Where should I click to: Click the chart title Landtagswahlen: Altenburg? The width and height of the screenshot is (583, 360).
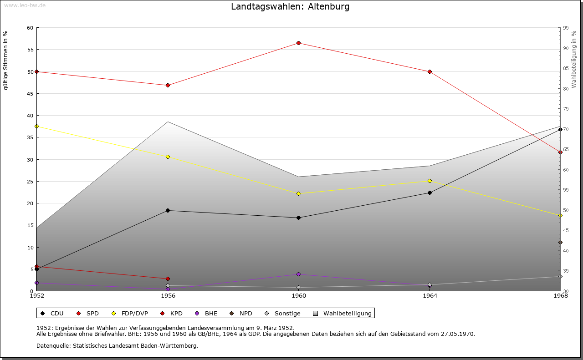290,7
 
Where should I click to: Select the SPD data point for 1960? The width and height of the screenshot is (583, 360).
298,43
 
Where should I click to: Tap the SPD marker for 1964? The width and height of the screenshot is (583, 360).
430,71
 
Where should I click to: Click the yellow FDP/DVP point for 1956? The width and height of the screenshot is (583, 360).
168,157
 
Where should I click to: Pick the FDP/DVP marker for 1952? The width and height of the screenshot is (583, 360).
36,126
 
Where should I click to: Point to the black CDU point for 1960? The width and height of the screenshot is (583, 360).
298,218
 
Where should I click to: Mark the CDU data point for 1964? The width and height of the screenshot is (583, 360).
430,193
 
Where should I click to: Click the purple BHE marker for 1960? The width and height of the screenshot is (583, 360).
298,274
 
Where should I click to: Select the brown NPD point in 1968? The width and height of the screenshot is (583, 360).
560,242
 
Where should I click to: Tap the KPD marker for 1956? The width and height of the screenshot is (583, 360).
168,279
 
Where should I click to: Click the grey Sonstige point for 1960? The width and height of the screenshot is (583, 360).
298,287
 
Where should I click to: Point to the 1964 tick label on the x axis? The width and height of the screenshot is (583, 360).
430,296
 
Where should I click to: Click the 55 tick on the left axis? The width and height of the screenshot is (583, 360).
30,50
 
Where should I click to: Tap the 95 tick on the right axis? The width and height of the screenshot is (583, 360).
566,28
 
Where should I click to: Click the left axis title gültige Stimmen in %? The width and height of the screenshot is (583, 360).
6,61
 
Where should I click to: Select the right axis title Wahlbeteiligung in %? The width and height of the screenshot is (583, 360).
574,60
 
